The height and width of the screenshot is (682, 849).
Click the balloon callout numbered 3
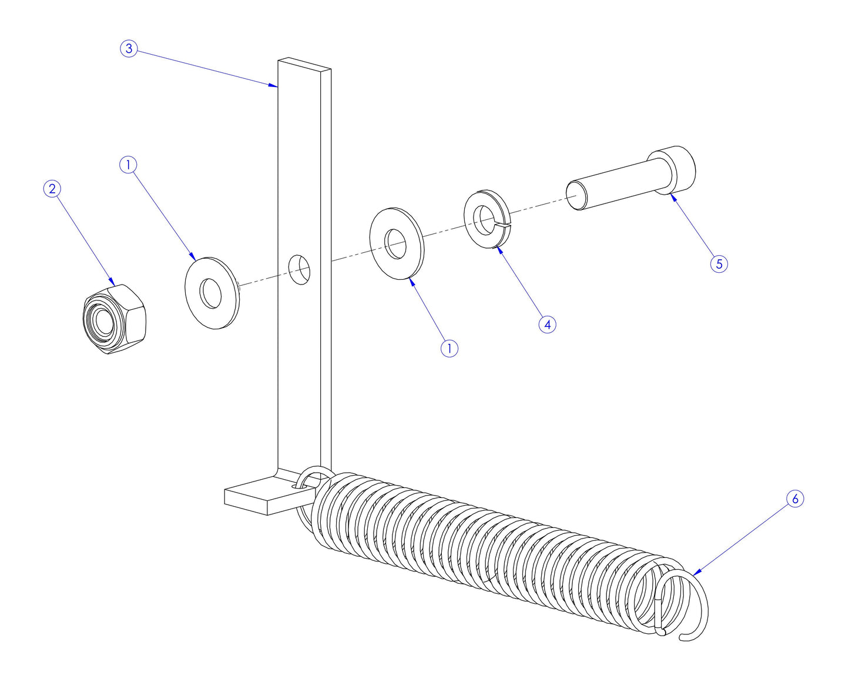click(x=129, y=48)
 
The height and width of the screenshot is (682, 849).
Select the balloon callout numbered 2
click(x=52, y=189)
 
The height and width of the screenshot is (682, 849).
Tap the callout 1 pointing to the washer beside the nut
click(x=128, y=165)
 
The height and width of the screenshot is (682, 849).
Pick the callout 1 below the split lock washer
click(x=449, y=348)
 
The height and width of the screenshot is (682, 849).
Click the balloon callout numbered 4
click(x=547, y=324)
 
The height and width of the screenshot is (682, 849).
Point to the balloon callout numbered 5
click(x=719, y=263)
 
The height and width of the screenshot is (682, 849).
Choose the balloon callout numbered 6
click(x=794, y=499)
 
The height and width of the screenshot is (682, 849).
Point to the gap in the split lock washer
click(x=504, y=223)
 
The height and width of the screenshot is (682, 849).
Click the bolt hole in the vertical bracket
click(x=300, y=269)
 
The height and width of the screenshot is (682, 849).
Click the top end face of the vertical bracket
click(x=304, y=64)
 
